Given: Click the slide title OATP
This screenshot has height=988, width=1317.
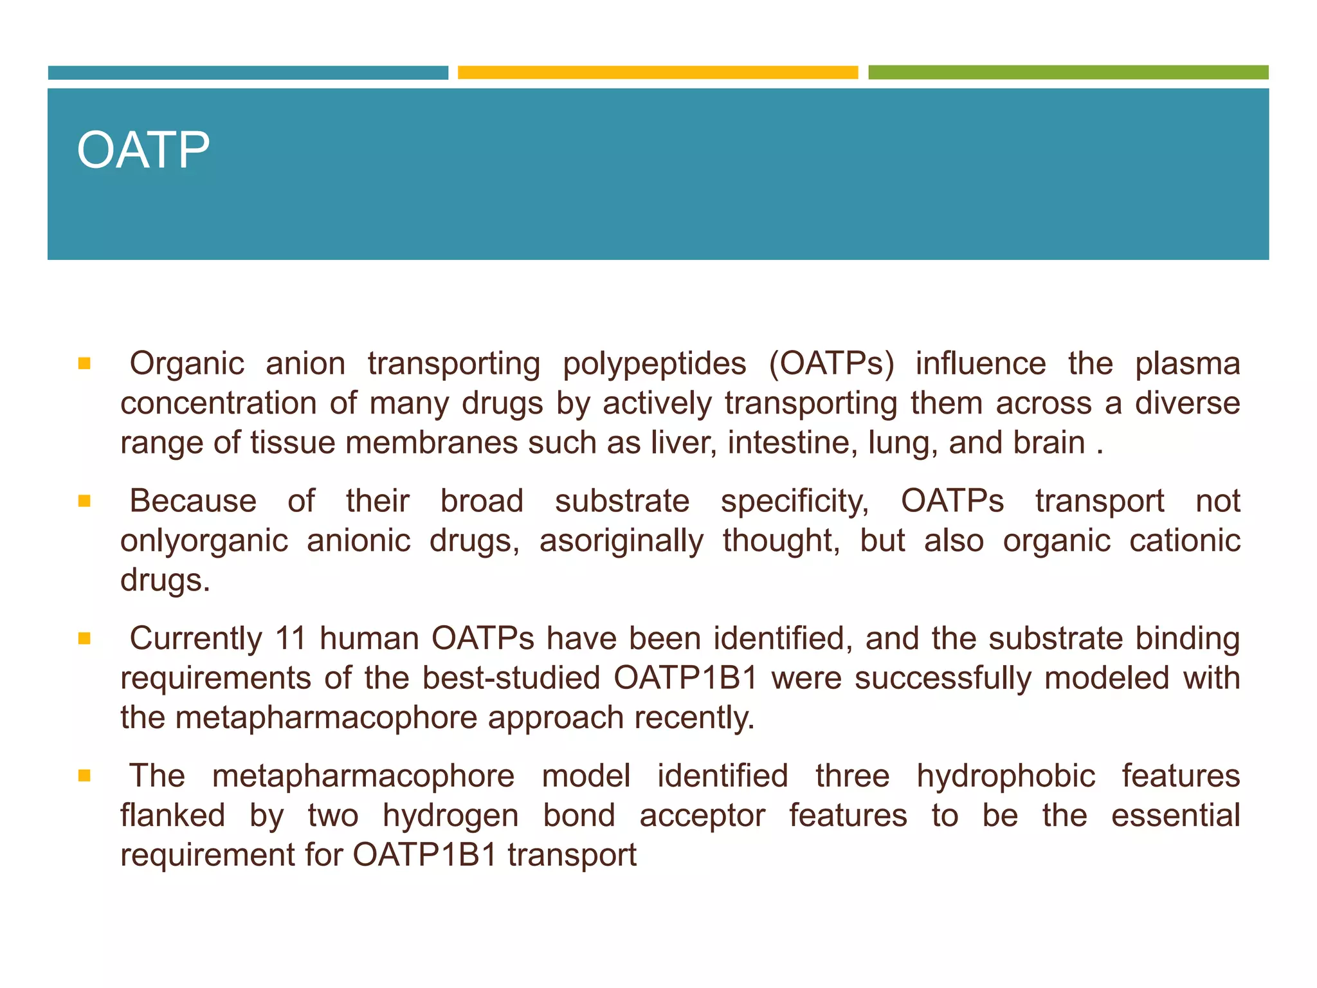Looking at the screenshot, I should coord(143,151).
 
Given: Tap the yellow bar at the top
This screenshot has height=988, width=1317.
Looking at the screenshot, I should coord(657,72).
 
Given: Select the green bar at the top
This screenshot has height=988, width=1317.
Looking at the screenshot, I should coord(1067,72).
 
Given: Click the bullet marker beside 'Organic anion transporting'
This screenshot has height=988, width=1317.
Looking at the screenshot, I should coord(84,364).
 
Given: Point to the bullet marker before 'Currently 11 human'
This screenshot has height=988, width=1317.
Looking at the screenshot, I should coord(84,639).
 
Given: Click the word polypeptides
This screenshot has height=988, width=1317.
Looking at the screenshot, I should coord(654,364).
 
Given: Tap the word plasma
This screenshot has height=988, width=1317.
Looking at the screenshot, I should coord(1187,364).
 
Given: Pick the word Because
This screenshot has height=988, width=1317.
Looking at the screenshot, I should coord(193,501).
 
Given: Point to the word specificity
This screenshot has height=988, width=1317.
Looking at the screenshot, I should coord(794,501).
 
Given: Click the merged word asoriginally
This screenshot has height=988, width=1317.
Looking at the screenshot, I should coord(621,541).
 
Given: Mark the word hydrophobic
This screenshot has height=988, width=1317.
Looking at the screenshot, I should coord(1006,776).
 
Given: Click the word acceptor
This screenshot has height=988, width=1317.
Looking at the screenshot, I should coord(702,816).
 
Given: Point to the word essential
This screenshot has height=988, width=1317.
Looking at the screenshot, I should coord(1175,816).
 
